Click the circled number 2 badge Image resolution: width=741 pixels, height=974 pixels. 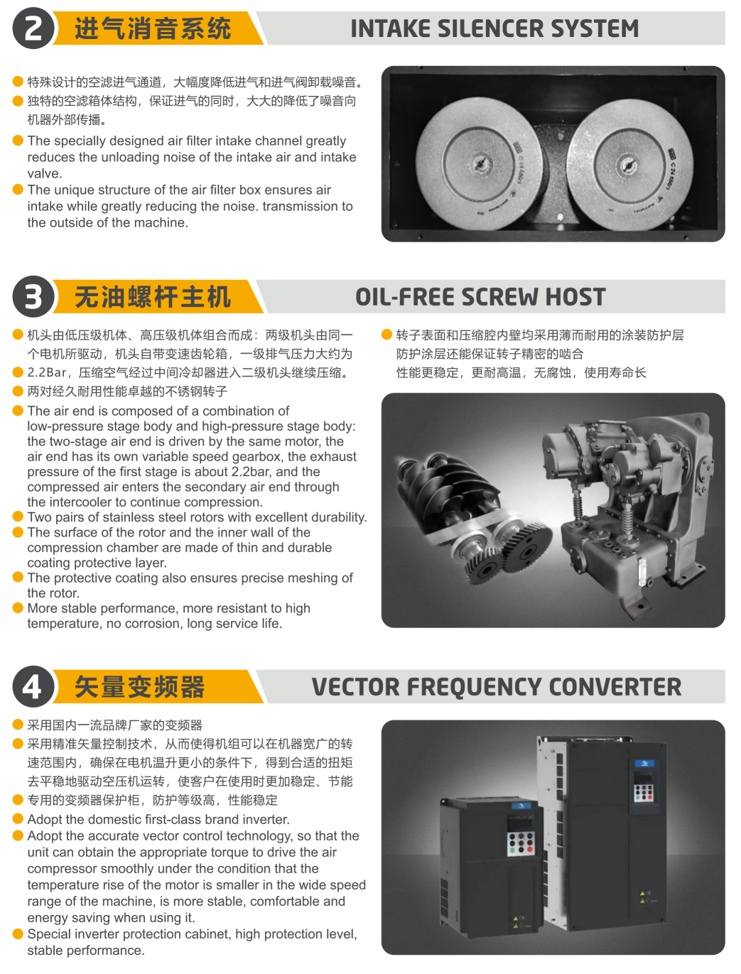pos(33,28)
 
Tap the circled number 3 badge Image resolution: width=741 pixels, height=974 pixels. pos(33,296)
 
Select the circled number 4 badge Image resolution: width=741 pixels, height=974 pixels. pos(33,686)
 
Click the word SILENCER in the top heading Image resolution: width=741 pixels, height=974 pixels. pos(490,29)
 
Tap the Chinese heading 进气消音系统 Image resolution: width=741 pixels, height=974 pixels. pos(153,29)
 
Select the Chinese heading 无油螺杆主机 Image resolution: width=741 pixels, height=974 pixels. pos(153,297)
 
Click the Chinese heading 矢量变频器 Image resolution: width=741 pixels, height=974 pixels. pos(139,687)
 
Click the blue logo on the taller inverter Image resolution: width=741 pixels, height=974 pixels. pos(644,764)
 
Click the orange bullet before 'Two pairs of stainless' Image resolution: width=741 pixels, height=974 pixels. pos(18,516)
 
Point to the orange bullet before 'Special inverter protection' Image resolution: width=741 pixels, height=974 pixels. pos(18,934)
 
